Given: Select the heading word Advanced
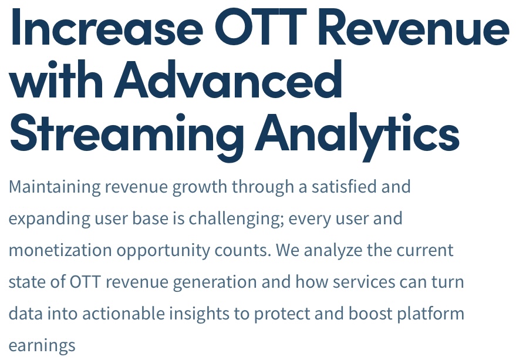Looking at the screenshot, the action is [228, 79].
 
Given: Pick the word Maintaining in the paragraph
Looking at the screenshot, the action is [55, 186].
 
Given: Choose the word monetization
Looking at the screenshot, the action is [60, 250].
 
